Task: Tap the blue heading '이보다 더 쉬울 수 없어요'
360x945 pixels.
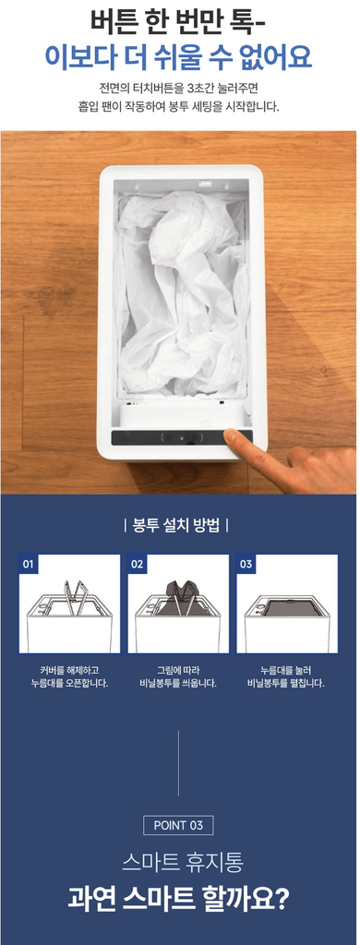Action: click(178, 57)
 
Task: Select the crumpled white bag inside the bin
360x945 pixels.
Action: click(183, 296)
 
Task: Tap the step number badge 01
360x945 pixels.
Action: click(29, 564)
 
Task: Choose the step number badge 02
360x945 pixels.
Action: click(137, 564)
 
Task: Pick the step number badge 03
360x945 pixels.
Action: click(246, 564)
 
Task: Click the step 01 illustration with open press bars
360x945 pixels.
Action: click(69, 604)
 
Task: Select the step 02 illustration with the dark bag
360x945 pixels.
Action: click(178, 604)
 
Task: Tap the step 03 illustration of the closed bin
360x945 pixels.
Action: click(286, 604)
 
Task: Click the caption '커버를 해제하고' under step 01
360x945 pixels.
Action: click(69, 670)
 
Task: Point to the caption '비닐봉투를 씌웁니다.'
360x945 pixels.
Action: click(177, 684)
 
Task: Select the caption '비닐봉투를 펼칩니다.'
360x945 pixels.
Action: click(286, 684)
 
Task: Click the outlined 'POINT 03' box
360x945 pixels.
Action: click(178, 825)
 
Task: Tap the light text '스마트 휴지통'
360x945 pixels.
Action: click(182, 863)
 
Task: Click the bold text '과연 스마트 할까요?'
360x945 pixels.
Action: click(178, 899)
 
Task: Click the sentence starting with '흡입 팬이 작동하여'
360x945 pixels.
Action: click(178, 107)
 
